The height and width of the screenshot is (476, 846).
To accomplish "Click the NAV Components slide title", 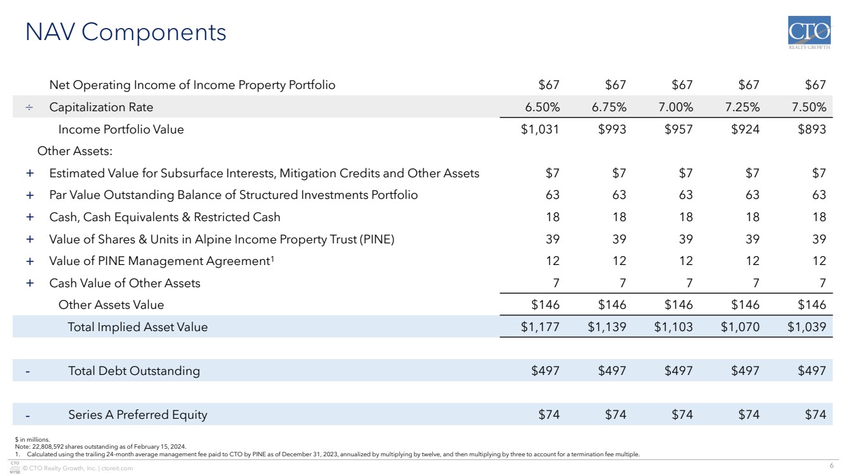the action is tap(126, 32).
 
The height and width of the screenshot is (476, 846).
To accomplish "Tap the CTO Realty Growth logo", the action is tap(809, 32).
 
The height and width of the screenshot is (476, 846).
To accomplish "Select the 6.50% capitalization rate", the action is tap(543, 107).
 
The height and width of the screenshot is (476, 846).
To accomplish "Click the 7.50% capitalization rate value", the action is tap(809, 107).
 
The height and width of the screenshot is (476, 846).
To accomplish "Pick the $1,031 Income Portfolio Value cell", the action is tap(539, 129).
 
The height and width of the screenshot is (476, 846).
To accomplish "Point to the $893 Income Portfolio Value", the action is tap(812, 129).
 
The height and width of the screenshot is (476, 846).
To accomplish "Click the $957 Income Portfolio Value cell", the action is tap(678, 129).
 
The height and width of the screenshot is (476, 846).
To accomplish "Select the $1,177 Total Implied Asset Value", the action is tap(539, 327).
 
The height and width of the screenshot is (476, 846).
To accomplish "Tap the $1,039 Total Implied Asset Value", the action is tap(807, 327).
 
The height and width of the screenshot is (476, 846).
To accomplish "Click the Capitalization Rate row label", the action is tap(101, 107).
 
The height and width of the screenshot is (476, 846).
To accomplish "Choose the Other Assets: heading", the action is tap(75, 151).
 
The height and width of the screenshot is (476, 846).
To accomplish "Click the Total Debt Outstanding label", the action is tap(134, 371).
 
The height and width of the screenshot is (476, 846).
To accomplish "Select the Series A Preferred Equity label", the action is tap(138, 415).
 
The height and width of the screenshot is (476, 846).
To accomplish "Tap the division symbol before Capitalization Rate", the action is tap(29, 107).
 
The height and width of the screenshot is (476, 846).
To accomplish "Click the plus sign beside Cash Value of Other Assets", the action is tap(30, 283).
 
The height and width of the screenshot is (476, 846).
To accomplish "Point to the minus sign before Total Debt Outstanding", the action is tap(27, 372).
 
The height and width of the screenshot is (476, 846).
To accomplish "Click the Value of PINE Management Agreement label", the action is tap(161, 261).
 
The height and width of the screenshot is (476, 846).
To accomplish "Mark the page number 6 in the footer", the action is tap(831, 465).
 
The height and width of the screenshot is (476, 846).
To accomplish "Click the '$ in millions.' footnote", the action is tap(32, 439).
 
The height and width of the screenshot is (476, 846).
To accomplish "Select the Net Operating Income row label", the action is tap(192, 85).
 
